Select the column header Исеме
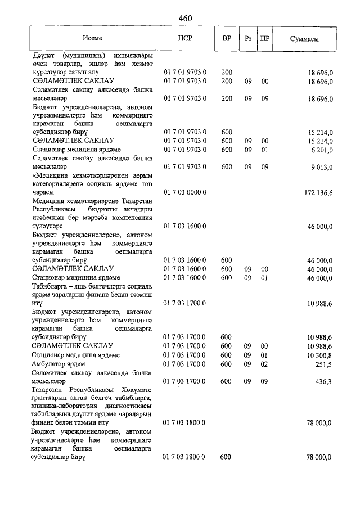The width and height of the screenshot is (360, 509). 92,39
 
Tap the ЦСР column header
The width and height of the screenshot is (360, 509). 185,39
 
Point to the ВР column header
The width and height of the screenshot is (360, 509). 227,39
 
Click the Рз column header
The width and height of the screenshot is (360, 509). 247,39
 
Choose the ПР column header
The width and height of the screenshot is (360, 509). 264,39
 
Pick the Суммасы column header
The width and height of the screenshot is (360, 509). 305,39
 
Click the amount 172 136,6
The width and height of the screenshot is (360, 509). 319,192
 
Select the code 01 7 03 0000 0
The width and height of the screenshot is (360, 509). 185,192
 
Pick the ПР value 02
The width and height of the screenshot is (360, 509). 264,364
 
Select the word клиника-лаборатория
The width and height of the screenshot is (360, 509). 64,407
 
